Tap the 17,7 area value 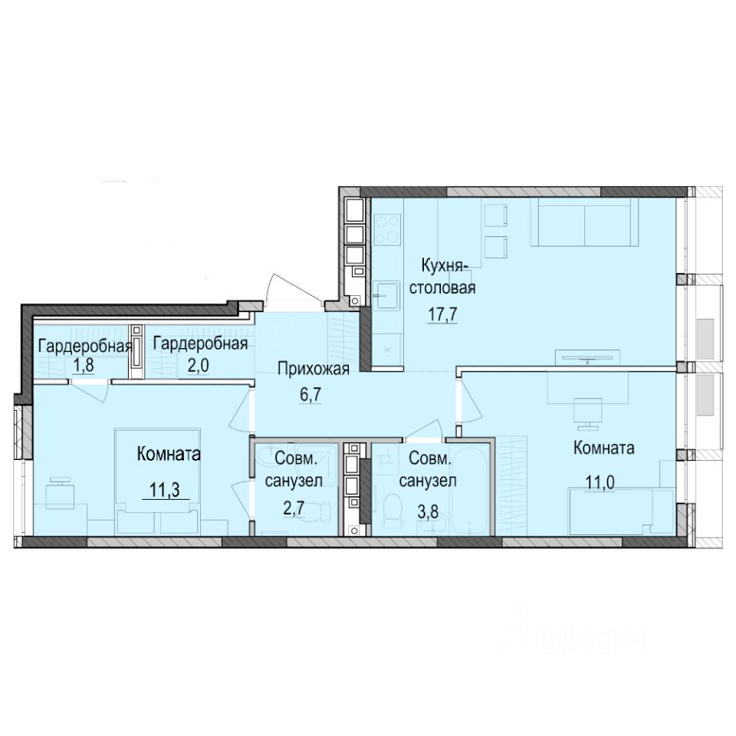pyautogui.click(x=443, y=314)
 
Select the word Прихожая pyautogui.click(x=314, y=370)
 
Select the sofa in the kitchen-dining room pyautogui.click(x=584, y=222)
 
